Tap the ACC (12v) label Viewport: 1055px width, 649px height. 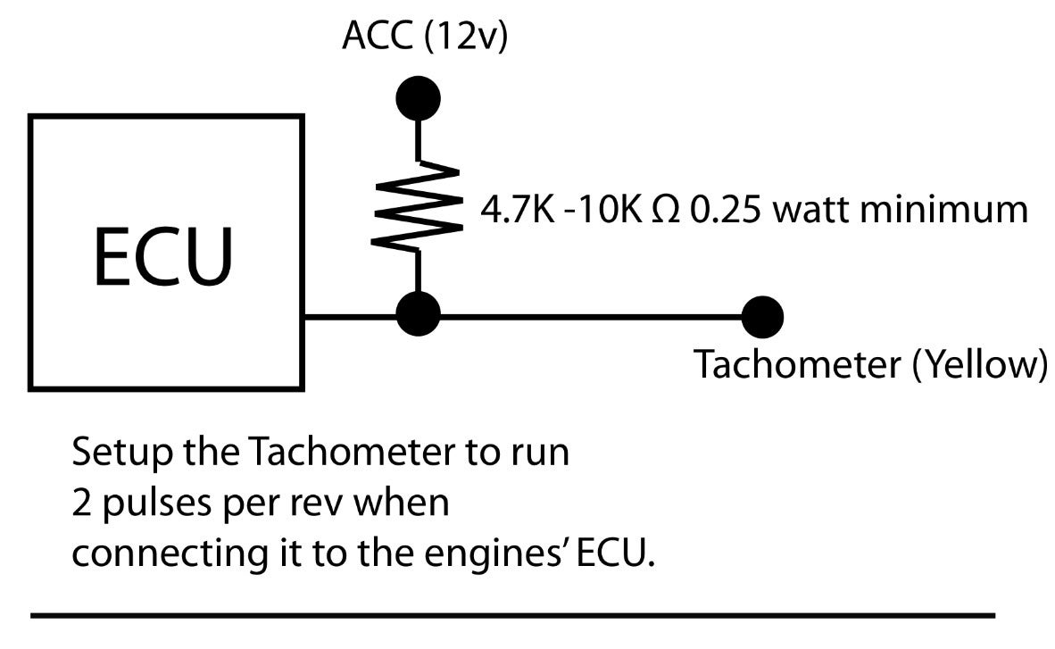point(424,37)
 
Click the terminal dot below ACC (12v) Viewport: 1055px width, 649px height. point(417,96)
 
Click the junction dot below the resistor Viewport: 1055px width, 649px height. point(417,314)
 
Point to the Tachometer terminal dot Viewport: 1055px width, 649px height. point(760,315)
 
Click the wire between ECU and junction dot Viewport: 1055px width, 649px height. point(350,315)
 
